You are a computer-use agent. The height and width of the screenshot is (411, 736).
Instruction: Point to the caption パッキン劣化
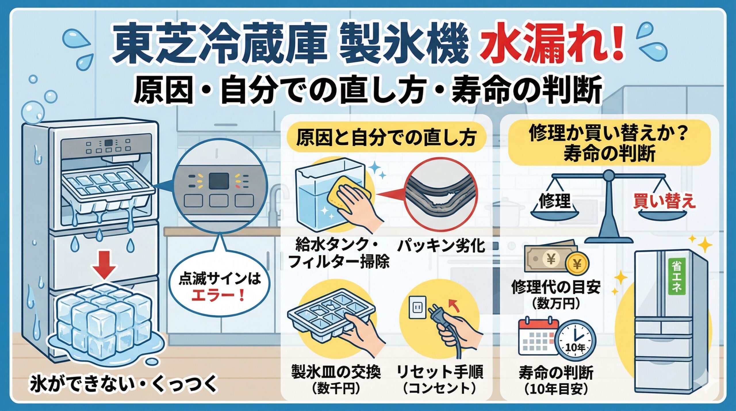441,246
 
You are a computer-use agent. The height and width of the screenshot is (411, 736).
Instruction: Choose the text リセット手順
440,372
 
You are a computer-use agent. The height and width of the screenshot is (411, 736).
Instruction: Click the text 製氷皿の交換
336,372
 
